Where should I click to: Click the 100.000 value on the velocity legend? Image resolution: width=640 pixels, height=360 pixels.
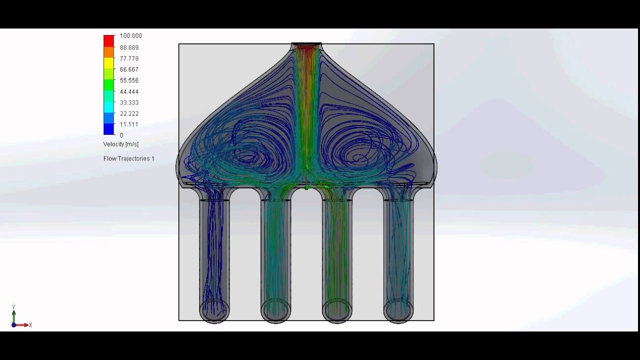click(130, 36)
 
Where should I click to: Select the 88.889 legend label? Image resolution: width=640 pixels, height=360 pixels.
click(129, 47)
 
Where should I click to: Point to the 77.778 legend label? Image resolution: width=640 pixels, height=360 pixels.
click(129, 58)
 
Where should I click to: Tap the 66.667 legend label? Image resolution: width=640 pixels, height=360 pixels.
click(129, 69)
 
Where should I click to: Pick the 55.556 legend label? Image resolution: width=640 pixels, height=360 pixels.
click(129, 80)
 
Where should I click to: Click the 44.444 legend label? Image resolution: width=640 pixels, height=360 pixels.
click(129, 91)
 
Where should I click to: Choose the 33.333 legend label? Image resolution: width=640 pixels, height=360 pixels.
click(129, 102)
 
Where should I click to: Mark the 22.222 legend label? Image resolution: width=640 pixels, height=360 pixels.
click(129, 113)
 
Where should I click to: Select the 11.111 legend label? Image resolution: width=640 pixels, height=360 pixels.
click(129, 124)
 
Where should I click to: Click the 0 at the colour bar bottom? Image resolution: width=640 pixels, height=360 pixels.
click(121, 135)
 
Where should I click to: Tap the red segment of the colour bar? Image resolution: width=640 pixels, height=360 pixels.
click(108, 40)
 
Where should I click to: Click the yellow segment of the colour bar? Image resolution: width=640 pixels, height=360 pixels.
click(108, 62)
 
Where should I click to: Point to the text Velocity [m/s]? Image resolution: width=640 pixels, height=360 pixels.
click(121, 144)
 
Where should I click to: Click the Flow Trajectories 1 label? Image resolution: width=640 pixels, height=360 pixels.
click(128, 158)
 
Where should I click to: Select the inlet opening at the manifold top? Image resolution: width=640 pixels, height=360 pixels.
click(306, 45)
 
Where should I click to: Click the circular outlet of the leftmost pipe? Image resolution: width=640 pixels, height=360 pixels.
click(214, 309)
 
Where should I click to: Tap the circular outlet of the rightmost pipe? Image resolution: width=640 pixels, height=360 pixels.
click(398, 309)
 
